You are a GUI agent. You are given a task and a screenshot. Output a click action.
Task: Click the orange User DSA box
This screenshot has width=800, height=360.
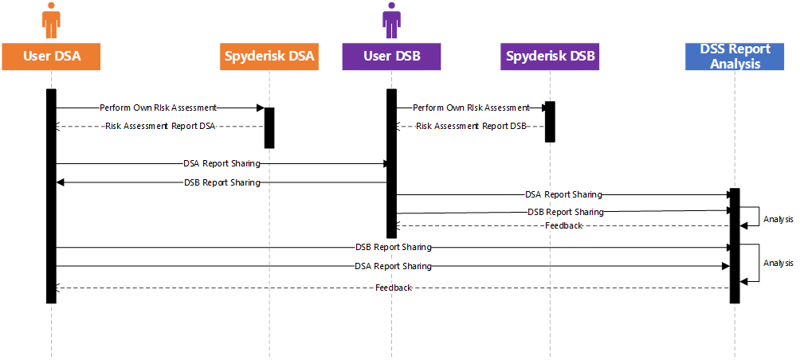(x=51, y=57)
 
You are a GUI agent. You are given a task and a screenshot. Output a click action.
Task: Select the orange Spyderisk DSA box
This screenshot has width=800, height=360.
(x=269, y=57)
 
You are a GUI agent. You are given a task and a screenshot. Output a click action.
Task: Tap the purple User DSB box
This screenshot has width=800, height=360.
(x=391, y=57)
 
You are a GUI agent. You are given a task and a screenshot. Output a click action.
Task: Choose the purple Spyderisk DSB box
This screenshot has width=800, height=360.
(x=550, y=57)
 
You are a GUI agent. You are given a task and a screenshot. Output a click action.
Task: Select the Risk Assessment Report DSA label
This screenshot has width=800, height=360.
(x=160, y=127)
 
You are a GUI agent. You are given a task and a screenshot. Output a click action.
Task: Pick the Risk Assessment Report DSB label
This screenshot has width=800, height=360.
(x=471, y=127)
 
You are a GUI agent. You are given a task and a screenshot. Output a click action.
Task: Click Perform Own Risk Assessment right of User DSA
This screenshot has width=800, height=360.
(x=158, y=108)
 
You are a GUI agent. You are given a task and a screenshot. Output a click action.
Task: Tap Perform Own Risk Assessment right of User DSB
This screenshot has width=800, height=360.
(x=471, y=108)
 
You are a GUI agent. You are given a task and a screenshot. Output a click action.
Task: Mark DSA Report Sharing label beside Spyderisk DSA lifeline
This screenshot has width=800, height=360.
(x=222, y=164)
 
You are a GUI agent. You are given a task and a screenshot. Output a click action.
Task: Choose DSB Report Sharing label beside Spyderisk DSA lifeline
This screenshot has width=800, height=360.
(x=222, y=182)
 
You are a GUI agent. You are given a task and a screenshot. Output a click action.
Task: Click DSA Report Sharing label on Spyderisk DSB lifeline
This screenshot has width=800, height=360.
(x=563, y=194)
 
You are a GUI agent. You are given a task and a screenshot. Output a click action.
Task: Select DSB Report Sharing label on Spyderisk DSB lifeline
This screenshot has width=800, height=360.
(x=566, y=212)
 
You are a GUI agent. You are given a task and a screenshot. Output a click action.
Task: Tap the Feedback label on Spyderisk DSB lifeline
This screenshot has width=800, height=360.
(x=563, y=225)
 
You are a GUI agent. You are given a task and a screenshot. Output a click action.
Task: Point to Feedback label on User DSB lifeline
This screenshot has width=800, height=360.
(x=394, y=288)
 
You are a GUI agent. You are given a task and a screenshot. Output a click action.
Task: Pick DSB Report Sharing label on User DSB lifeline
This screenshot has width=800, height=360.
(x=394, y=247)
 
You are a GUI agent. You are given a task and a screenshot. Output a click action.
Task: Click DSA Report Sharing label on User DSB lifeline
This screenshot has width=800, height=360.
(x=394, y=266)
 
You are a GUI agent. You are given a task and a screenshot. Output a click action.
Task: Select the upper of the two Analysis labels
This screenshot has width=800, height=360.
(x=778, y=219)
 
